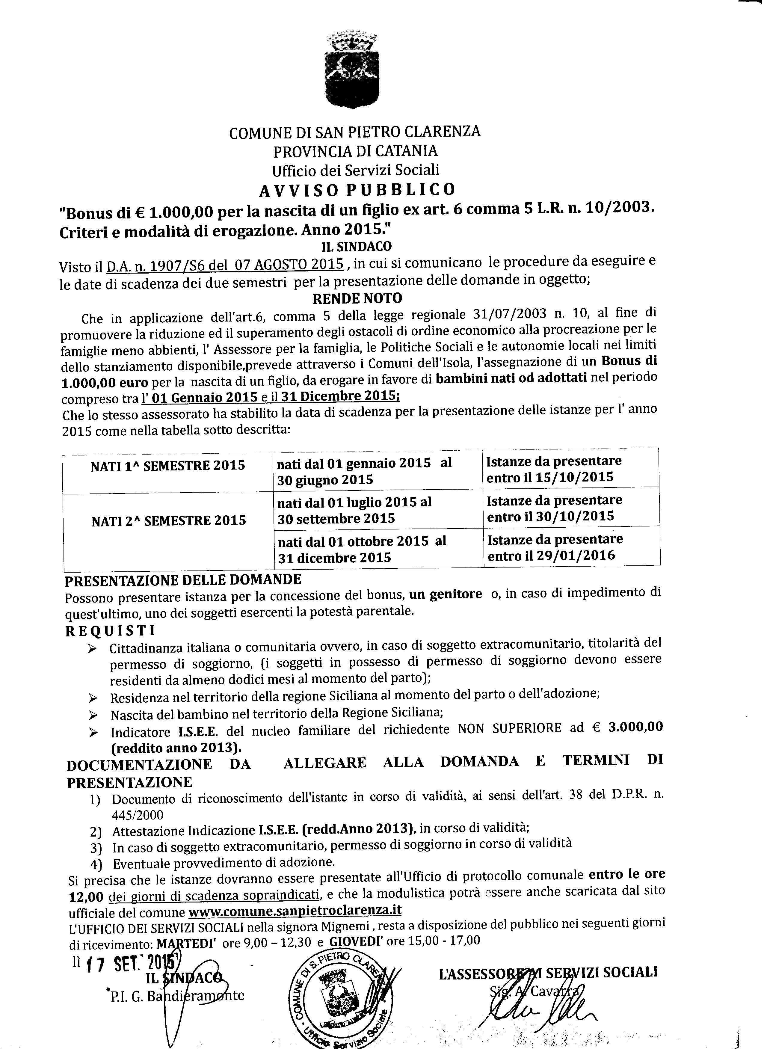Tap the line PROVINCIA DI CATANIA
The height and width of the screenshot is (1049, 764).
coord(355,151)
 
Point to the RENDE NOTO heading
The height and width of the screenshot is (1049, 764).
coord(357,298)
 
